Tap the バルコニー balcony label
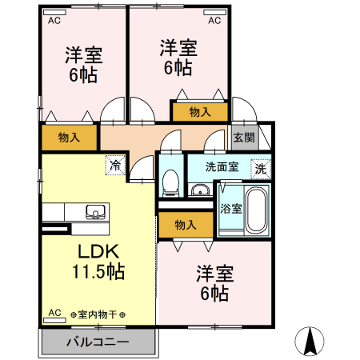click(x=97, y=343)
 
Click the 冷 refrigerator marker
click(x=115, y=166)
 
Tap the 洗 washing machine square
click(x=260, y=169)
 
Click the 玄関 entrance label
click(x=245, y=138)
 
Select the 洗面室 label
click(x=222, y=167)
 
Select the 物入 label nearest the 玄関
click(x=200, y=113)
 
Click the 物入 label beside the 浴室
click(x=185, y=225)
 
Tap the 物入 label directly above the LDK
click(x=70, y=138)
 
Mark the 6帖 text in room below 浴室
click(x=215, y=294)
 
